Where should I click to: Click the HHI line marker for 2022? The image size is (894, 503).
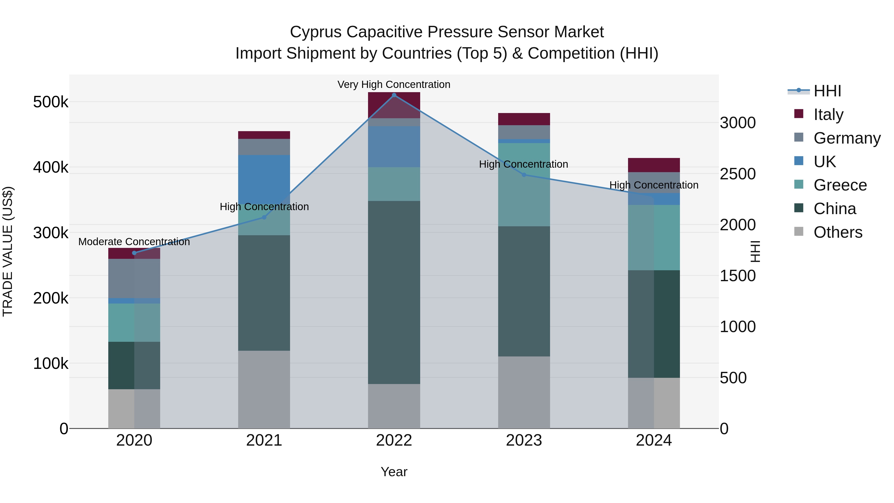[x=394, y=95]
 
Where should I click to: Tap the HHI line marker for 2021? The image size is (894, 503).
[x=264, y=217]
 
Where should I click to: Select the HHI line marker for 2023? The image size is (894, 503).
[x=524, y=175]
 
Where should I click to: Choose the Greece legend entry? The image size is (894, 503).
[x=840, y=185]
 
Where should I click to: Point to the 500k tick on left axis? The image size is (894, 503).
[x=51, y=102]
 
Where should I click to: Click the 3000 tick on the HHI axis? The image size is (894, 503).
[x=738, y=123]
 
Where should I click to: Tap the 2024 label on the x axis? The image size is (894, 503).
[x=654, y=440]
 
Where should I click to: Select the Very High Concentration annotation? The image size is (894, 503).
[x=394, y=84]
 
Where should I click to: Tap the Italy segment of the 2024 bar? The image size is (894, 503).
[x=654, y=165]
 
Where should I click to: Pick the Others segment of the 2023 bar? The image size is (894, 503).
[x=524, y=392]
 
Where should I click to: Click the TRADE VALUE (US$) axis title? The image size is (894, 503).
[x=8, y=251]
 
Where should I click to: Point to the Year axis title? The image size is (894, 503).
[x=394, y=472]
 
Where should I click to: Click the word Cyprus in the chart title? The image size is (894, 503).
[x=315, y=32]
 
